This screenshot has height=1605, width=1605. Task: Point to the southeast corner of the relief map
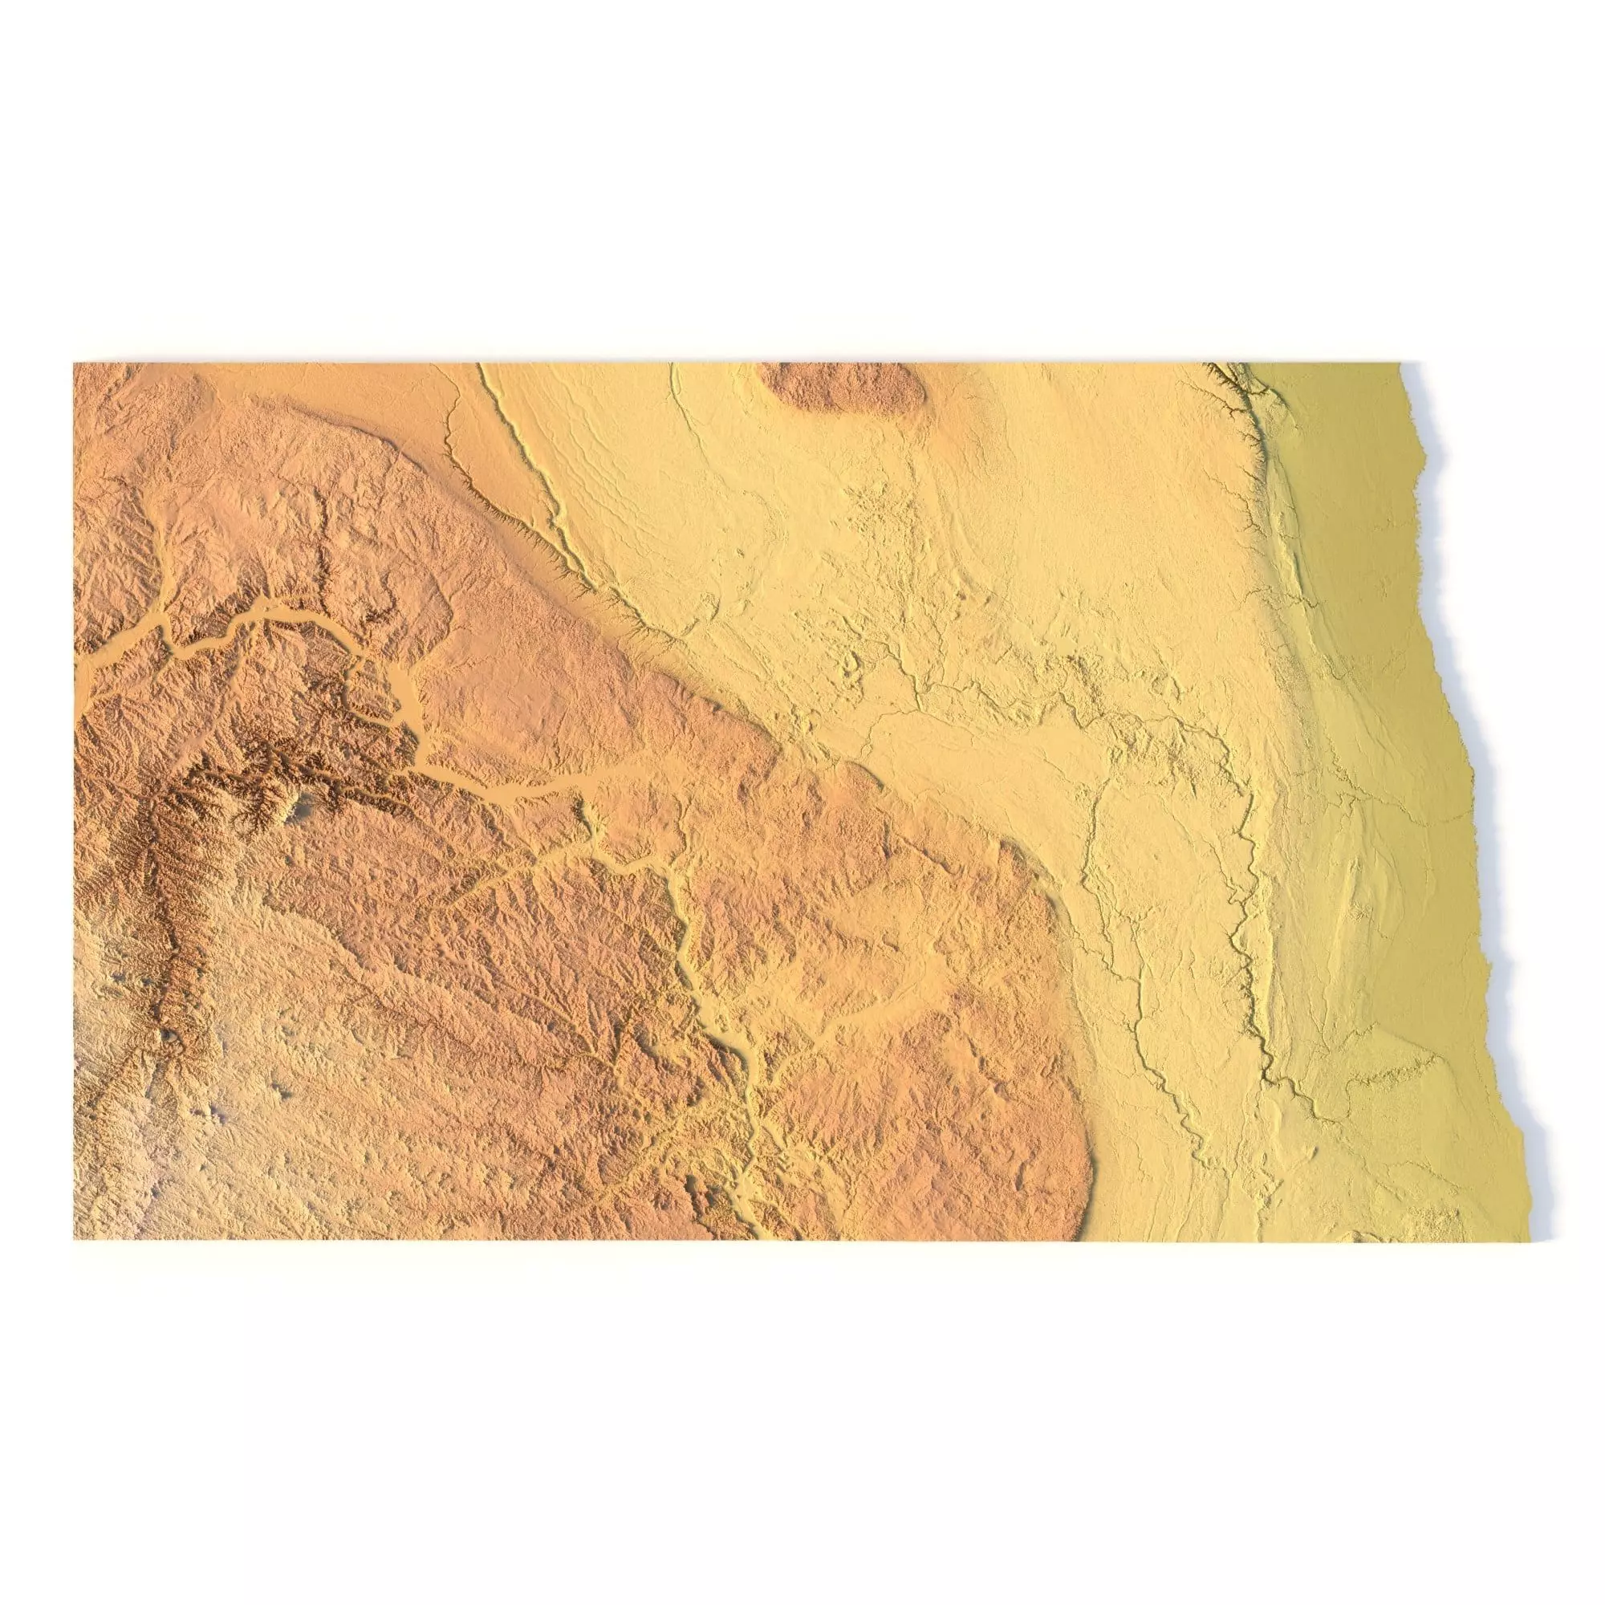click(1527, 1237)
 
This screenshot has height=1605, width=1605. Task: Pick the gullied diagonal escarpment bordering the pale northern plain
click(540, 532)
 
